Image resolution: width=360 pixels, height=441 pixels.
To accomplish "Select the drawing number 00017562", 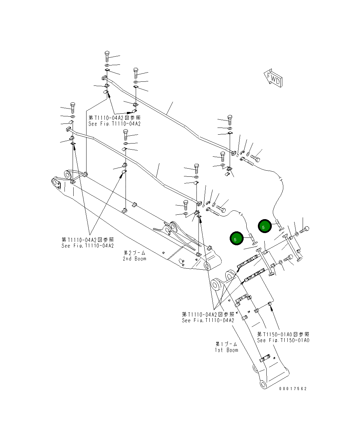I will click(x=293, y=389).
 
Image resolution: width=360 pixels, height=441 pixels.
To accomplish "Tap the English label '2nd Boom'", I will click(x=134, y=259).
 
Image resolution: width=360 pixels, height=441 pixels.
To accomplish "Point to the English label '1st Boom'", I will click(x=226, y=350).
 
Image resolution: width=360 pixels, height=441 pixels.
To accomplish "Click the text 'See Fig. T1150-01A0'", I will click(x=283, y=340).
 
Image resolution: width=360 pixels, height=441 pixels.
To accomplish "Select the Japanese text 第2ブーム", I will click(x=134, y=253).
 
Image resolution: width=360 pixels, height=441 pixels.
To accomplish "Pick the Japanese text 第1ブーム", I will click(x=226, y=344).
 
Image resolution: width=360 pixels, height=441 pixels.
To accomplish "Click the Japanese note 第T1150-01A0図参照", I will click(x=283, y=334).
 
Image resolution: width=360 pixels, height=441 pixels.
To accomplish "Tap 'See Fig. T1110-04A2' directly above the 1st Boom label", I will click(x=208, y=321).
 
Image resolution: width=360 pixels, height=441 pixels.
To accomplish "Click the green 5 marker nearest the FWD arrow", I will click(x=264, y=226).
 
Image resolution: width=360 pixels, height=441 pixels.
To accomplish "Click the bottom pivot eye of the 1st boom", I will click(x=263, y=384).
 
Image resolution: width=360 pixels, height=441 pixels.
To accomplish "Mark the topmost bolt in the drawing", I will click(x=107, y=56).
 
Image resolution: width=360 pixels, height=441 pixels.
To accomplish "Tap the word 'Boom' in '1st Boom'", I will click(x=232, y=350).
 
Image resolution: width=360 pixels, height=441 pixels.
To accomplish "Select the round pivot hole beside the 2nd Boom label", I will click(x=207, y=266).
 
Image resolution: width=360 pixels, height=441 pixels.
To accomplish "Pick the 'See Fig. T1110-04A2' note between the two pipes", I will click(x=114, y=124).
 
